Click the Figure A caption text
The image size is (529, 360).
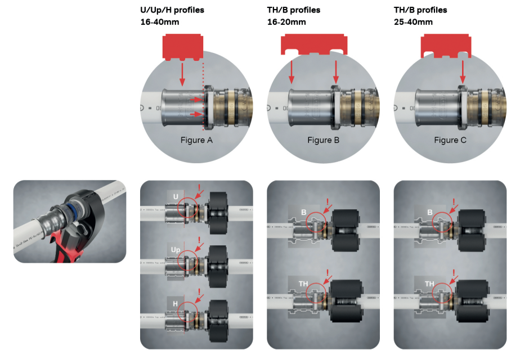coord(197,140)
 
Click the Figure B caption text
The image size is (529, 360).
coord(324,140)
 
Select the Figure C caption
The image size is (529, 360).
coord(450,140)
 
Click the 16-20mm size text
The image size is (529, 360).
coord(286,22)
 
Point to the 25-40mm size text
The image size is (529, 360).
coord(414,22)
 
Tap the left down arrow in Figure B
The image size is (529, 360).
coord(292,72)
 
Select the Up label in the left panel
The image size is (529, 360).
coord(176,248)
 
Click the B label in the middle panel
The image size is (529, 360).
coord(303,213)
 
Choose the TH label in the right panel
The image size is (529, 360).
coord(429,283)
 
